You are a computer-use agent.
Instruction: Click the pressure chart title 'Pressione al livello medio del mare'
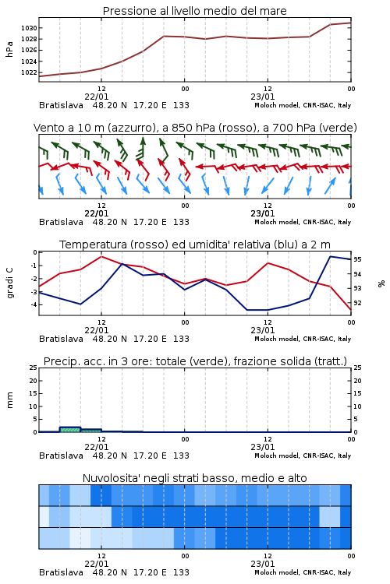click(x=195, y=11)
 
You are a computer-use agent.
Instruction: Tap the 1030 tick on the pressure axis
click(x=29, y=28)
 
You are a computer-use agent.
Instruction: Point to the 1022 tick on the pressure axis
click(x=29, y=72)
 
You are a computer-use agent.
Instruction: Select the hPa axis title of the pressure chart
click(x=9, y=50)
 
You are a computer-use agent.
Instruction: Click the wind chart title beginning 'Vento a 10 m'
click(x=195, y=128)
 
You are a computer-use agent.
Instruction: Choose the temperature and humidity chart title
click(x=195, y=245)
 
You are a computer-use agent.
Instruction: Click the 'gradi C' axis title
click(x=9, y=283)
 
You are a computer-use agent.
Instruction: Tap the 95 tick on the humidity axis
click(x=357, y=259)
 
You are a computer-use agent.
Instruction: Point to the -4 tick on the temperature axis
click(x=34, y=304)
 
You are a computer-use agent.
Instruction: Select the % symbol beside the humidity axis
click(x=381, y=283)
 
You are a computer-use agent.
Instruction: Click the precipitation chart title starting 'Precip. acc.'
click(x=195, y=361)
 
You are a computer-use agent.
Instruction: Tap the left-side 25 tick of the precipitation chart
click(x=34, y=368)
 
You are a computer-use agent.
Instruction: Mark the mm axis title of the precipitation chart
click(x=9, y=400)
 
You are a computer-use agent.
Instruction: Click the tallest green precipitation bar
click(x=70, y=429)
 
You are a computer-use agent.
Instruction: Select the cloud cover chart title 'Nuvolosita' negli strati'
click(x=195, y=478)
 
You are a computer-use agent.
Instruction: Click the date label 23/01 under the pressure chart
click(x=263, y=97)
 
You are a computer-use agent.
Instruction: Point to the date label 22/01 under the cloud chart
click(x=97, y=564)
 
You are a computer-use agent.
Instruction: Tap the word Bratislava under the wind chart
click(x=61, y=222)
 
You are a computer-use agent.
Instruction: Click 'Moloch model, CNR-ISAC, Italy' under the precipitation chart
click(x=303, y=456)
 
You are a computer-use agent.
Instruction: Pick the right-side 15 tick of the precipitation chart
click(x=357, y=394)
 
